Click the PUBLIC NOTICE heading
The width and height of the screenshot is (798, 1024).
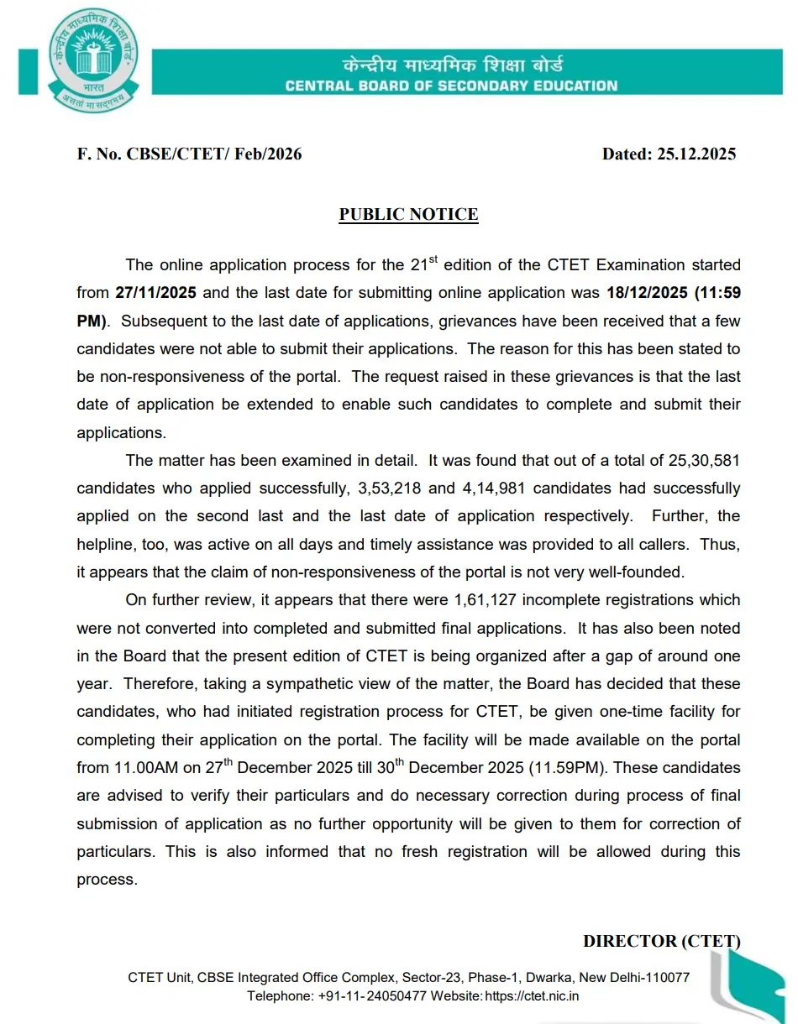408,214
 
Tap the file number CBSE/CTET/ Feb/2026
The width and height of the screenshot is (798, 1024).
213,154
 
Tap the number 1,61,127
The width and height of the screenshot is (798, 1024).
487,600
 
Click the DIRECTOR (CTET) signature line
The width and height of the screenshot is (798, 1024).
661,941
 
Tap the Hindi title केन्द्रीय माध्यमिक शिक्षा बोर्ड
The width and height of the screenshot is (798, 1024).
451,65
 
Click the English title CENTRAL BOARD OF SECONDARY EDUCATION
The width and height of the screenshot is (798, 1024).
451,86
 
